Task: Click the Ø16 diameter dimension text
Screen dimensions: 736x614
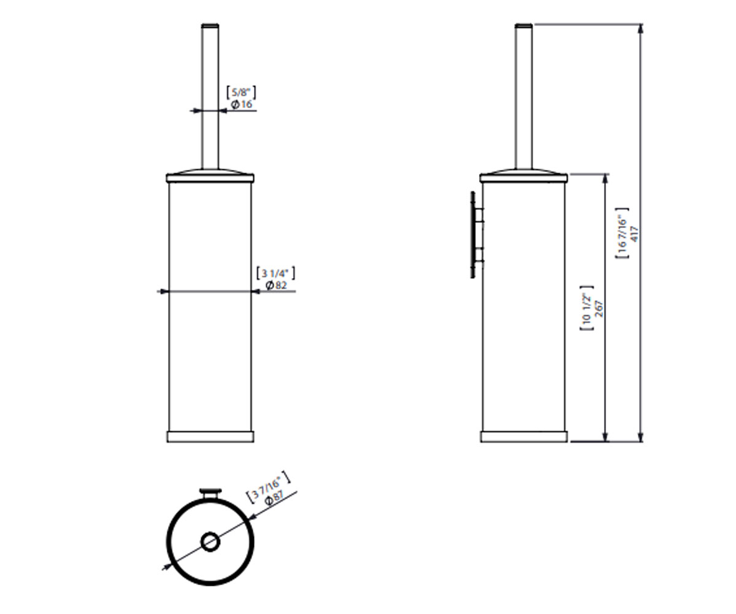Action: point(242,104)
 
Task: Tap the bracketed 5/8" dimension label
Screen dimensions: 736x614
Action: point(241,93)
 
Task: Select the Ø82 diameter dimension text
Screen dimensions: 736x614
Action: point(277,285)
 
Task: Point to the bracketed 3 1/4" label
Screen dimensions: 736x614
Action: point(275,273)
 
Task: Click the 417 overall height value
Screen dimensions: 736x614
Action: point(634,234)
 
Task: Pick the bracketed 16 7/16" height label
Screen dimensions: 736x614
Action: point(622,233)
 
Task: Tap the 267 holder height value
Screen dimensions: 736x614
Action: point(599,309)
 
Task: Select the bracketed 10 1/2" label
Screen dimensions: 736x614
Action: point(586,308)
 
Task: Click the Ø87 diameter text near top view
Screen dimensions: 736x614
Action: point(275,497)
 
